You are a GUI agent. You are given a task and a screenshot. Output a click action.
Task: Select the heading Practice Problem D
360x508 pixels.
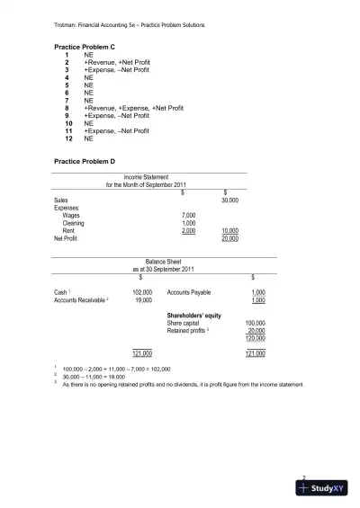click(x=85, y=160)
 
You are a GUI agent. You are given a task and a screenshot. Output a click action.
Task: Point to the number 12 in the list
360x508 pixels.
click(x=67, y=139)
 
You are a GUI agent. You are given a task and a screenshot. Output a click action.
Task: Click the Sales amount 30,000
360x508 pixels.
click(x=229, y=200)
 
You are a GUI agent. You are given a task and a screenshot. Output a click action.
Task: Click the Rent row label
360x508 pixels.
click(x=68, y=231)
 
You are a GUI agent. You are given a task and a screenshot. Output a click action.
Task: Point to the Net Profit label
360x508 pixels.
click(x=66, y=239)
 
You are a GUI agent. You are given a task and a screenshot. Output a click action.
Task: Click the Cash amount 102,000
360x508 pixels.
click(x=142, y=293)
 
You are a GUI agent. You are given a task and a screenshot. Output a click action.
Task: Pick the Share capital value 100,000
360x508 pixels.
click(x=255, y=323)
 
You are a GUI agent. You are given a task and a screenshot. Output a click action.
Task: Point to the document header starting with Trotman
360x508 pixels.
click(x=130, y=24)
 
